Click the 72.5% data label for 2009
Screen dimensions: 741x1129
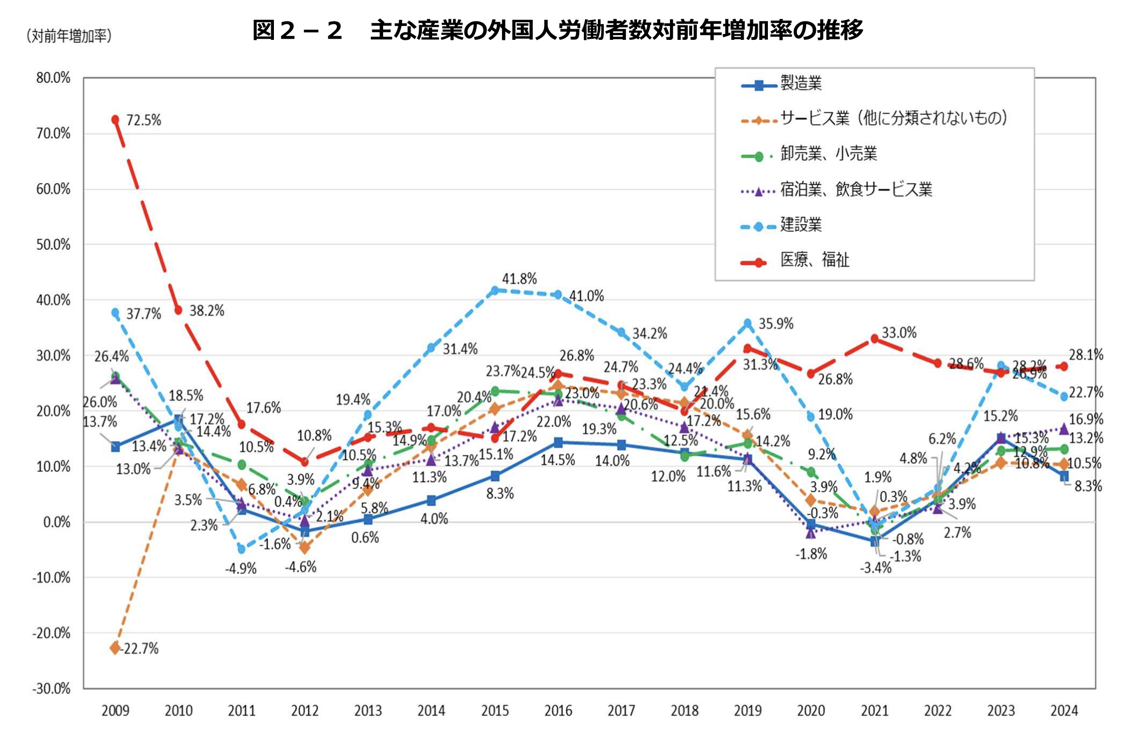[143, 120]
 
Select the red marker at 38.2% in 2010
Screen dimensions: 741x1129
[178, 310]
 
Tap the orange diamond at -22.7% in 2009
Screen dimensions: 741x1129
[115, 648]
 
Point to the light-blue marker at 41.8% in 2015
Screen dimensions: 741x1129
[495, 290]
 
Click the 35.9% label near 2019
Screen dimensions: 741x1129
[775, 324]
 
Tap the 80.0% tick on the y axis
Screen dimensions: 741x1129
[53, 78]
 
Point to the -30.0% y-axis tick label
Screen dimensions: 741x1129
[52, 688]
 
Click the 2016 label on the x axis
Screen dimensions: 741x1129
[558, 711]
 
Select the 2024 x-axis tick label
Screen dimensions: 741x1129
[1064, 711]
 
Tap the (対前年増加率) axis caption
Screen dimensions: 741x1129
[69, 36]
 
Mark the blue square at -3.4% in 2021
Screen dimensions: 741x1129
[874, 541]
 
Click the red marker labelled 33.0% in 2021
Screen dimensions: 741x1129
[874, 339]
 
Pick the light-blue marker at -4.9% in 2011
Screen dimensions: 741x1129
[242, 549]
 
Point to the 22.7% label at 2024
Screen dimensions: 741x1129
[1085, 393]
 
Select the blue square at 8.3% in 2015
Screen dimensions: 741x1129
[495, 476]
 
